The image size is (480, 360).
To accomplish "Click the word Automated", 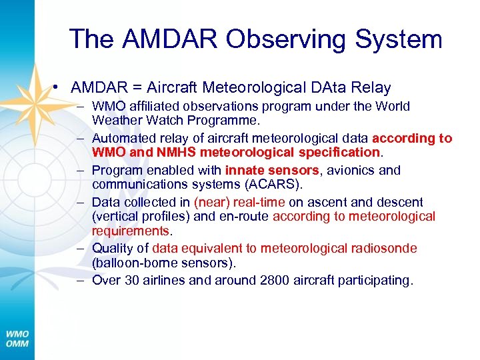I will coord(123,138).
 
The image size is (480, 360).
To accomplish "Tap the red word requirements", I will coord(131,231).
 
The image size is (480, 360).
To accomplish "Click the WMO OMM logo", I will coord(17,338).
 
